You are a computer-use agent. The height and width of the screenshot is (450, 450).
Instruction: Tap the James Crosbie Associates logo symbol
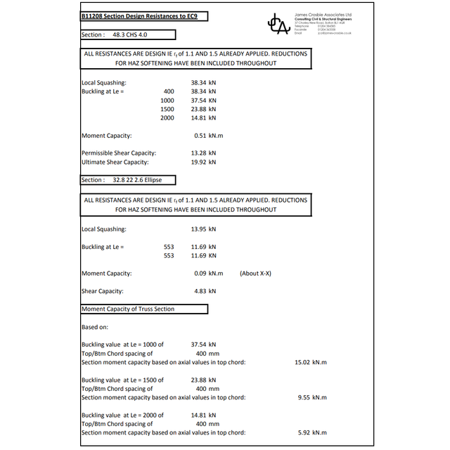point(278,25)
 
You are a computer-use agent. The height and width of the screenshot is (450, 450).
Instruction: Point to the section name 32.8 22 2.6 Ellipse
point(132,180)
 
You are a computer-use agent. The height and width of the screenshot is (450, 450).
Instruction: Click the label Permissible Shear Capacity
point(119,153)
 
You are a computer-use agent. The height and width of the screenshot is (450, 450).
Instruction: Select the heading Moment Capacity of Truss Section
point(128,309)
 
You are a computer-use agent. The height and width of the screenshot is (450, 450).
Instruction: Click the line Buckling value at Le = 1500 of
point(122,380)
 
